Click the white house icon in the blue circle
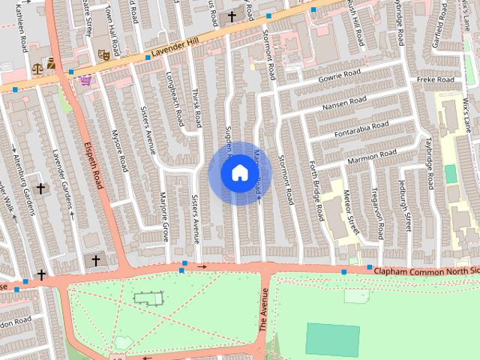(239, 173)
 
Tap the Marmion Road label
(370, 155)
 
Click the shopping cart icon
(86, 80)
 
